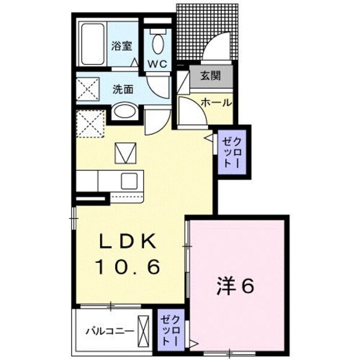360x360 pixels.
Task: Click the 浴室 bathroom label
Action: pyautogui.click(x=122, y=46)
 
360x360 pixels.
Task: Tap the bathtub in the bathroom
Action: pyautogui.click(x=93, y=43)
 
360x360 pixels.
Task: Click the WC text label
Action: pyautogui.click(x=157, y=64)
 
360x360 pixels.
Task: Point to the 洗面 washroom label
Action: pyautogui.click(x=123, y=89)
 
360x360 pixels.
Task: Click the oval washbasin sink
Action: pyautogui.click(x=125, y=112)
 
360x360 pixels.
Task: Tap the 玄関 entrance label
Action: pyautogui.click(x=211, y=76)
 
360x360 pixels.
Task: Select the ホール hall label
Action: pyautogui.click(x=216, y=103)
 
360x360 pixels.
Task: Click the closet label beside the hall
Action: pyautogui.click(x=232, y=152)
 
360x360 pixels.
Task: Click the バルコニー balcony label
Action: pyautogui.click(x=110, y=331)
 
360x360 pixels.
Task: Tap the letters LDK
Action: pyautogui.click(x=127, y=241)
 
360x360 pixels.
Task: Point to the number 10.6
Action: pyautogui.click(x=128, y=267)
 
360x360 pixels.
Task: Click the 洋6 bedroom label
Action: pyautogui.click(x=235, y=286)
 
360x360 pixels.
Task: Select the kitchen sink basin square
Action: pyautogui.click(x=129, y=181)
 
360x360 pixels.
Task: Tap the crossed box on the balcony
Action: pyautogui.click(x=143, y=331)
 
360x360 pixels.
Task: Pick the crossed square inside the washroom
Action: pyautogui.click(x=88, y=89)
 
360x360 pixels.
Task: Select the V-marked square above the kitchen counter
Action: pyautogui.click(x=125, y=153)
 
